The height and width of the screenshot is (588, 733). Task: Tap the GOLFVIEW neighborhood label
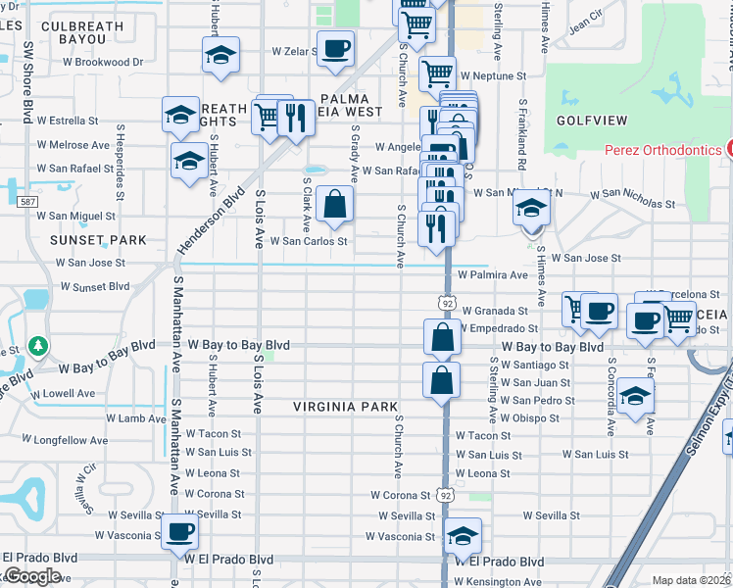click(591, 120)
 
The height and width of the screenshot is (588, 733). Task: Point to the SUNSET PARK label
click(99, 239)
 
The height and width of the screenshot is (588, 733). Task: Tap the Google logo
click(31, 576)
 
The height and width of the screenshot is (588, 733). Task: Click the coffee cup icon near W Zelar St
click(335, 49)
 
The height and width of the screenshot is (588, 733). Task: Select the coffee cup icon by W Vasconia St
click(179, 533)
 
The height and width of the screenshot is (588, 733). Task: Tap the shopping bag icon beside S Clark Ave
click(335, 205)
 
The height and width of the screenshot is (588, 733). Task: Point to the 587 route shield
click(26, 201)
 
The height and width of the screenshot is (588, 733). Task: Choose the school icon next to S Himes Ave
click(531, 209)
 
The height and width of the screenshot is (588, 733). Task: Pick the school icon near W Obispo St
click(636, 397)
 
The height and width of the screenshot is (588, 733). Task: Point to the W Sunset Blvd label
click(95, 286)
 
